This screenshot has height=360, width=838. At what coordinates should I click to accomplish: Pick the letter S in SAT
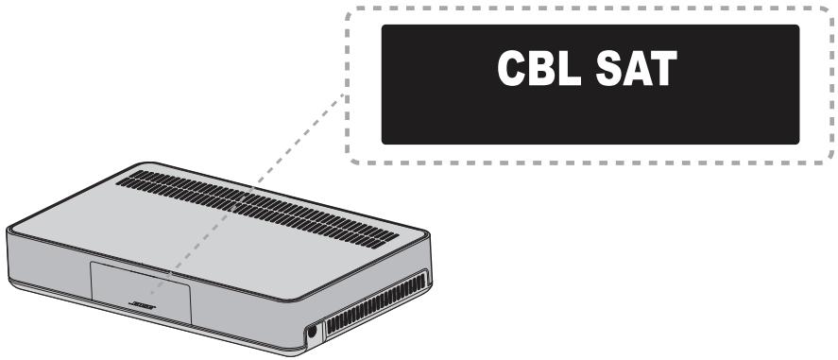(615, 72)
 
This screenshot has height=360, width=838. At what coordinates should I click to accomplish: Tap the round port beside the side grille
(309, 334)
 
